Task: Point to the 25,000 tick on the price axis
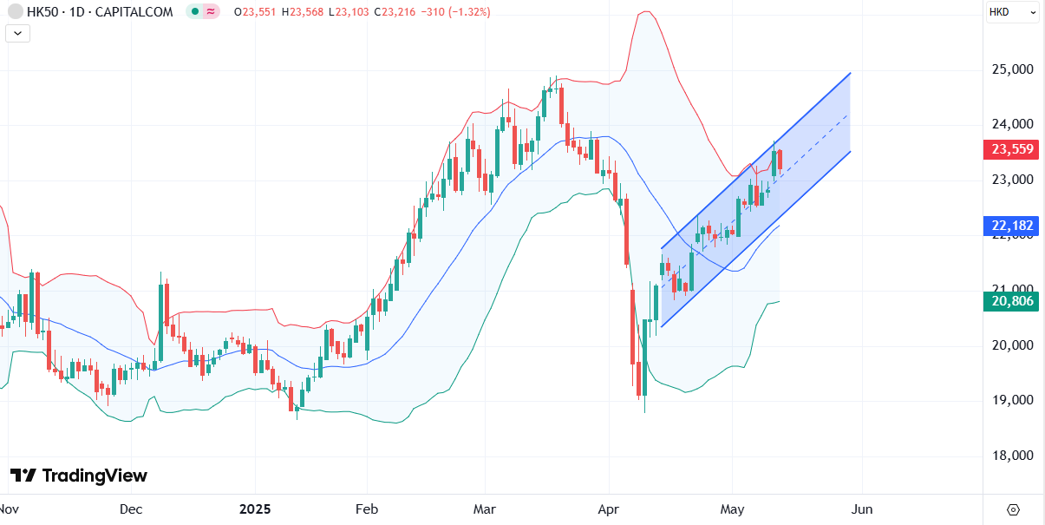pyautogui.click(x=1010, y=69)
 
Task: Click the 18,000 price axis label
pyautogui.click(x=1010, y=456)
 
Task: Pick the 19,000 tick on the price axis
pyautogui.click(x=1010, y=400)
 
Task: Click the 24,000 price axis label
pyautogui.click(x=1010, y=124)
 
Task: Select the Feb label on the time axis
pyautogui.click(x=367, y=509)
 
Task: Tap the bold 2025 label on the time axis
pyautogui.click(x=254, y=509)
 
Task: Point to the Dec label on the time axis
pyautogui.click(x=131, y=509)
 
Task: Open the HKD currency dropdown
pyautogui.click(x=1012, y=12)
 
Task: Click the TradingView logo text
pyautogui.click(x=79, y=476)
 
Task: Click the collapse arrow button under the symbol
pyautogui.click(x=18, y=34)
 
